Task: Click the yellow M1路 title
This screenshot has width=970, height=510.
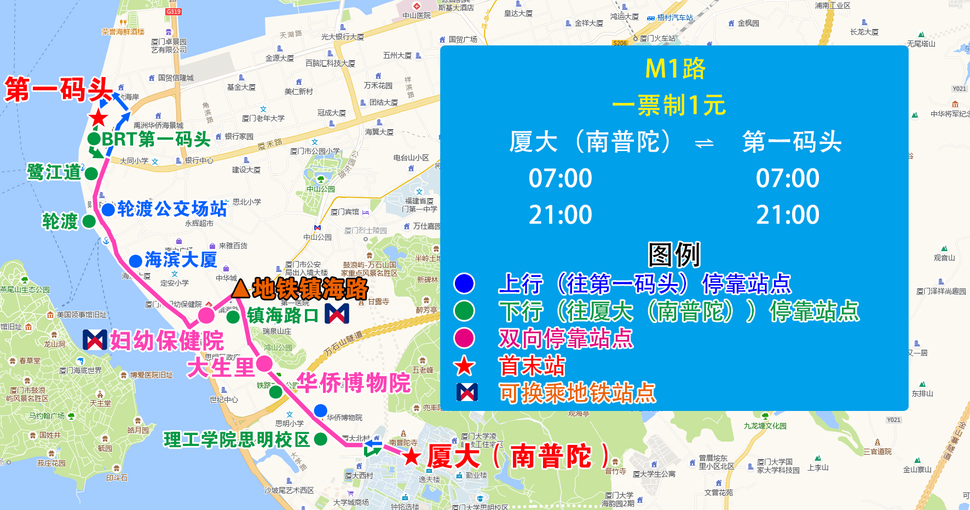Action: pyautogui.click(x=675, y=69)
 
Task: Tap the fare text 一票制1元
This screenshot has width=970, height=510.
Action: pyautogui.click(x=668, y=105)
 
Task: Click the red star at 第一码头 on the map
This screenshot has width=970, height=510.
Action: pyautogui.click(x=99, y=118)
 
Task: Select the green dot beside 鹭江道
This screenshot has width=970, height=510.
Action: pyautogui.click(x=91, y=173)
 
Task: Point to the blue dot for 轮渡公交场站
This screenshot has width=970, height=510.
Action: pyautogui.click(x=108, y=209)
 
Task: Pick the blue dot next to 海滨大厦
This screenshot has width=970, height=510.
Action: pyautogui.click(x=136, y=261)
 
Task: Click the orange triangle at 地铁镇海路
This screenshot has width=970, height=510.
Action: pyautogui.click(x=240, y=289)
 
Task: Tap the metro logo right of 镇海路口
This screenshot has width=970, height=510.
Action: pyautogui.click(x=337, y=314)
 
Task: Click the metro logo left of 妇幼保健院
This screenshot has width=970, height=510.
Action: pyautogui.click(x=95, y=340)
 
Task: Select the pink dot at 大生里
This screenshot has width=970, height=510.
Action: pyautogui.click(x=264, y=363)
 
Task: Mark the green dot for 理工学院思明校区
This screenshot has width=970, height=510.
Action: pyautogui.click(x=321, y=439)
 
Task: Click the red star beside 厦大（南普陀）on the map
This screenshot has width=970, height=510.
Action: pyautogui.click(x=412, y=456)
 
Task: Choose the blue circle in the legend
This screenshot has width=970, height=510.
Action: pyautogui.click(x=464, y=283)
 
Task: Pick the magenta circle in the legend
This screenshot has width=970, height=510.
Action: pyautogui.click(x=464, y=338)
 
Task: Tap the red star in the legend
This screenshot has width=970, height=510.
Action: pyautogui.click(x=464, y=366)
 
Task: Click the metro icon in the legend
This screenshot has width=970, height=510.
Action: pyautogui.click(x=467, y=392)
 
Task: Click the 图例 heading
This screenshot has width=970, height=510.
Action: pyautogui.click(x=674, y=254)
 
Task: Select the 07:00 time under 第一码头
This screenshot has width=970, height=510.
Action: pyautogui.click(x=787, y=178)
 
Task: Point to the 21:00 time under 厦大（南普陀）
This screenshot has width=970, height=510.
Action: pyautogui.click(x=560, y=215)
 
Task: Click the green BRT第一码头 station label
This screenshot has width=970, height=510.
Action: pyautogui.click(x=156, y=139)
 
